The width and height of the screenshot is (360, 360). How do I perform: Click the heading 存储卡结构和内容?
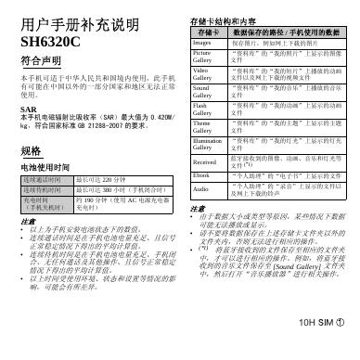coord(222,19)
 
